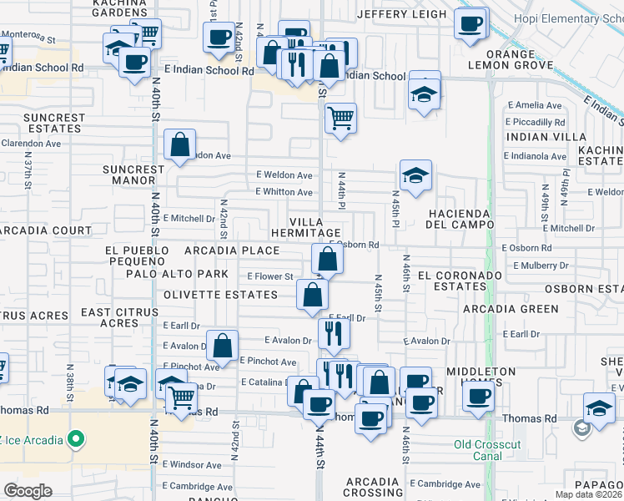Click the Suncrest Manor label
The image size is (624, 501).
(x=133, y=175)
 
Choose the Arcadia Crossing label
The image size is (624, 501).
(x=374, y=487)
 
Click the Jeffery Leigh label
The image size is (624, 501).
(x=401, y=14)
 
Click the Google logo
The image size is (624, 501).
(x=28, y=491)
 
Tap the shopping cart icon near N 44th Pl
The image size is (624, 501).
(x=340, y=118)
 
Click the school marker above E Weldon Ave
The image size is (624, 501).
(x=415, y=175)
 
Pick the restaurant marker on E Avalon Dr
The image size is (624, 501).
(x=334, y=333)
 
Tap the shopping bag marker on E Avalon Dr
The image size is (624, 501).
(x=223, y=345)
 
